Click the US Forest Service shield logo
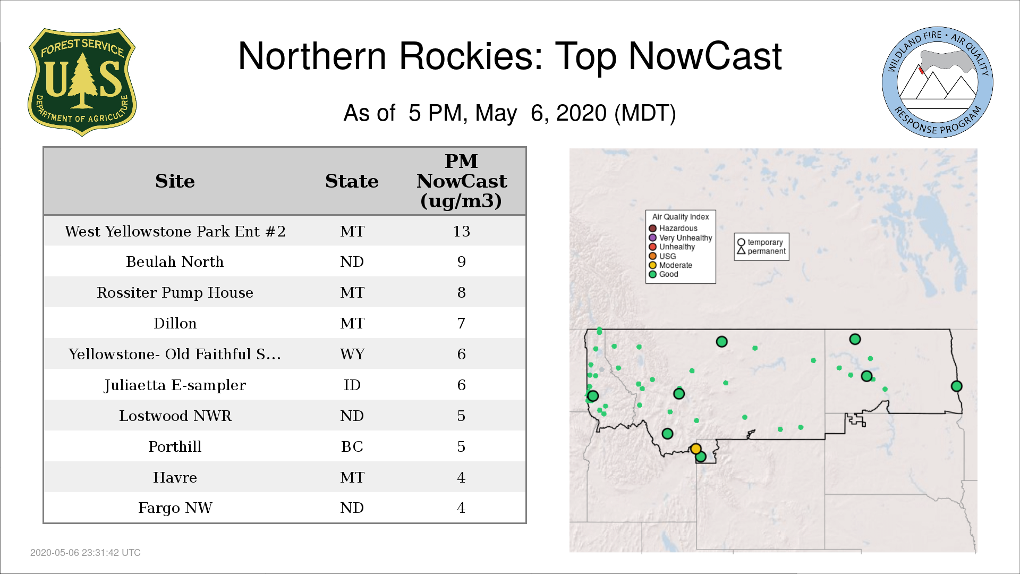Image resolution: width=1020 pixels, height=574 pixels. pos(82,82)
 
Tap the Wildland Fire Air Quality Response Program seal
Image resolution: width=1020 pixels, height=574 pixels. pos(938,82)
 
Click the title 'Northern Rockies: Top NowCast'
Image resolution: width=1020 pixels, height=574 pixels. pos(510,56)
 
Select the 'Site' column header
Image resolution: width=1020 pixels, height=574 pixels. pos(175,181)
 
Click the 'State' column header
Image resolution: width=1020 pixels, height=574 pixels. pos(352,181)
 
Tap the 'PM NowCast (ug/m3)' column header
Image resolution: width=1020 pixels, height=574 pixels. pos(461,181)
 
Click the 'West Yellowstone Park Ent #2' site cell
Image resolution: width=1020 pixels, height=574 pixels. pos(175,231)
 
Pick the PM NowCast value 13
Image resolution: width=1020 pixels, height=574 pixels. pos(461,231)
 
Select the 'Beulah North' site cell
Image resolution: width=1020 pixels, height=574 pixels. pos(175,261)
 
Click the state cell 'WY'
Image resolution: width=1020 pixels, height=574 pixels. pos(352,354)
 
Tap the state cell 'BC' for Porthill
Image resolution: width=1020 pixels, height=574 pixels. pos(352,446)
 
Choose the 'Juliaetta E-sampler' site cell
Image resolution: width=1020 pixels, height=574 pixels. pos(175,385)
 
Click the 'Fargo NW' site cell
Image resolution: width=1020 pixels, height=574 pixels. pos(175,508)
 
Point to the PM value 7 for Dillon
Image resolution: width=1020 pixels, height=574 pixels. pos(461,323)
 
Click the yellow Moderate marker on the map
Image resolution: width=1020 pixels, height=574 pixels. pos(695,449)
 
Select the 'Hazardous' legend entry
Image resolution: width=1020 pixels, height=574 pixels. pos(673,229)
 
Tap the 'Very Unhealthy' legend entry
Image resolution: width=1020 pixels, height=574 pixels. pos(681,238)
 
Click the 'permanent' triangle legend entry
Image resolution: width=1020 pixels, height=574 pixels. pos(761,251)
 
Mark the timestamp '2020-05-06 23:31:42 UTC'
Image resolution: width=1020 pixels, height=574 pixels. pos(86,553)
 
